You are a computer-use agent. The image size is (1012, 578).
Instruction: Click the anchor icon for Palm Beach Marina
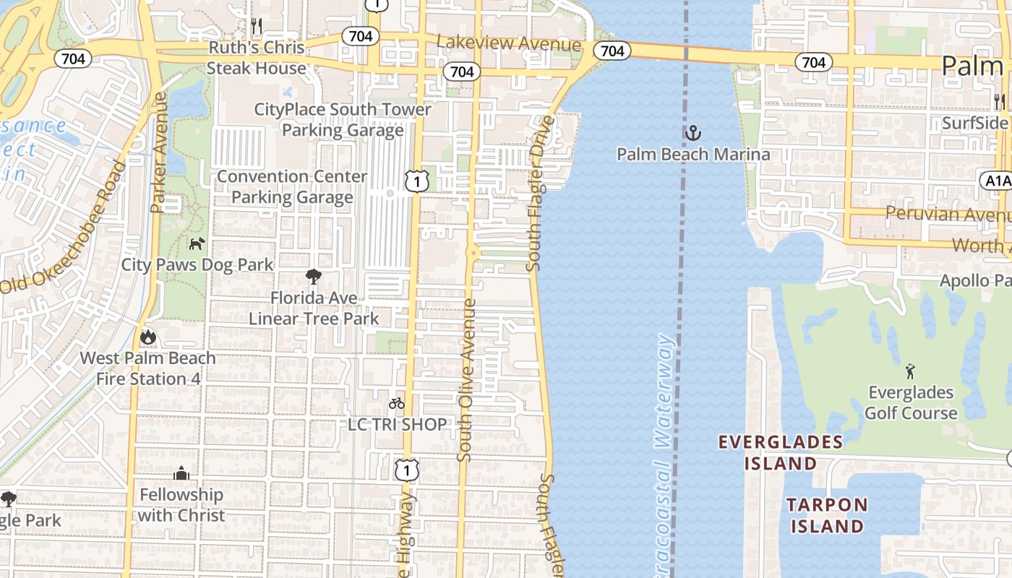coord(693,132)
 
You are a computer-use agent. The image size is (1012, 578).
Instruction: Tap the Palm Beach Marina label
coord(693,154)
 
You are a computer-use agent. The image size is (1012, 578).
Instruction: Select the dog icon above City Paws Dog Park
coord(197,243)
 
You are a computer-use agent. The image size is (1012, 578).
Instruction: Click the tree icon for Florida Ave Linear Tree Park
coord(313,276)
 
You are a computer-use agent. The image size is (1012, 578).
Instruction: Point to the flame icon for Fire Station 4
coord(147,337)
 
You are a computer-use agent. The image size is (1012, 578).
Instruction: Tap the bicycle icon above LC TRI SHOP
coord(397,403)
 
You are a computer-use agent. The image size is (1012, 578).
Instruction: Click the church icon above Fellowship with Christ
coord(181,474)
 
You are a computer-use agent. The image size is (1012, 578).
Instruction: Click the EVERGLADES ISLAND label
coord(781,452)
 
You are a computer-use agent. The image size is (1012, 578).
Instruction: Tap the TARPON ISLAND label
coord(827,515)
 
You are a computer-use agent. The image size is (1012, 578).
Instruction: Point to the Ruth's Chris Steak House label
coord(256,58)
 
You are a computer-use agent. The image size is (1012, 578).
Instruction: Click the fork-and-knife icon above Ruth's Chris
coord(256,26)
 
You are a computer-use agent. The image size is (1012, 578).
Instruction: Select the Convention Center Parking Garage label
coord(292,186)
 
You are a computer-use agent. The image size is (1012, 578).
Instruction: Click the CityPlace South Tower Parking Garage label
coord(343,120)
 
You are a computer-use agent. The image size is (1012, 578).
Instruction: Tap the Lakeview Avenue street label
coord(509,44)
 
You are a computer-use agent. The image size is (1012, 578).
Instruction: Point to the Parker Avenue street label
coord(159,152)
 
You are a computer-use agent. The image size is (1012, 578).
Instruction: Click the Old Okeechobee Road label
coord(64,228)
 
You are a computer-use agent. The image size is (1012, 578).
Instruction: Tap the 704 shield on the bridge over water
coord(612,51)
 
